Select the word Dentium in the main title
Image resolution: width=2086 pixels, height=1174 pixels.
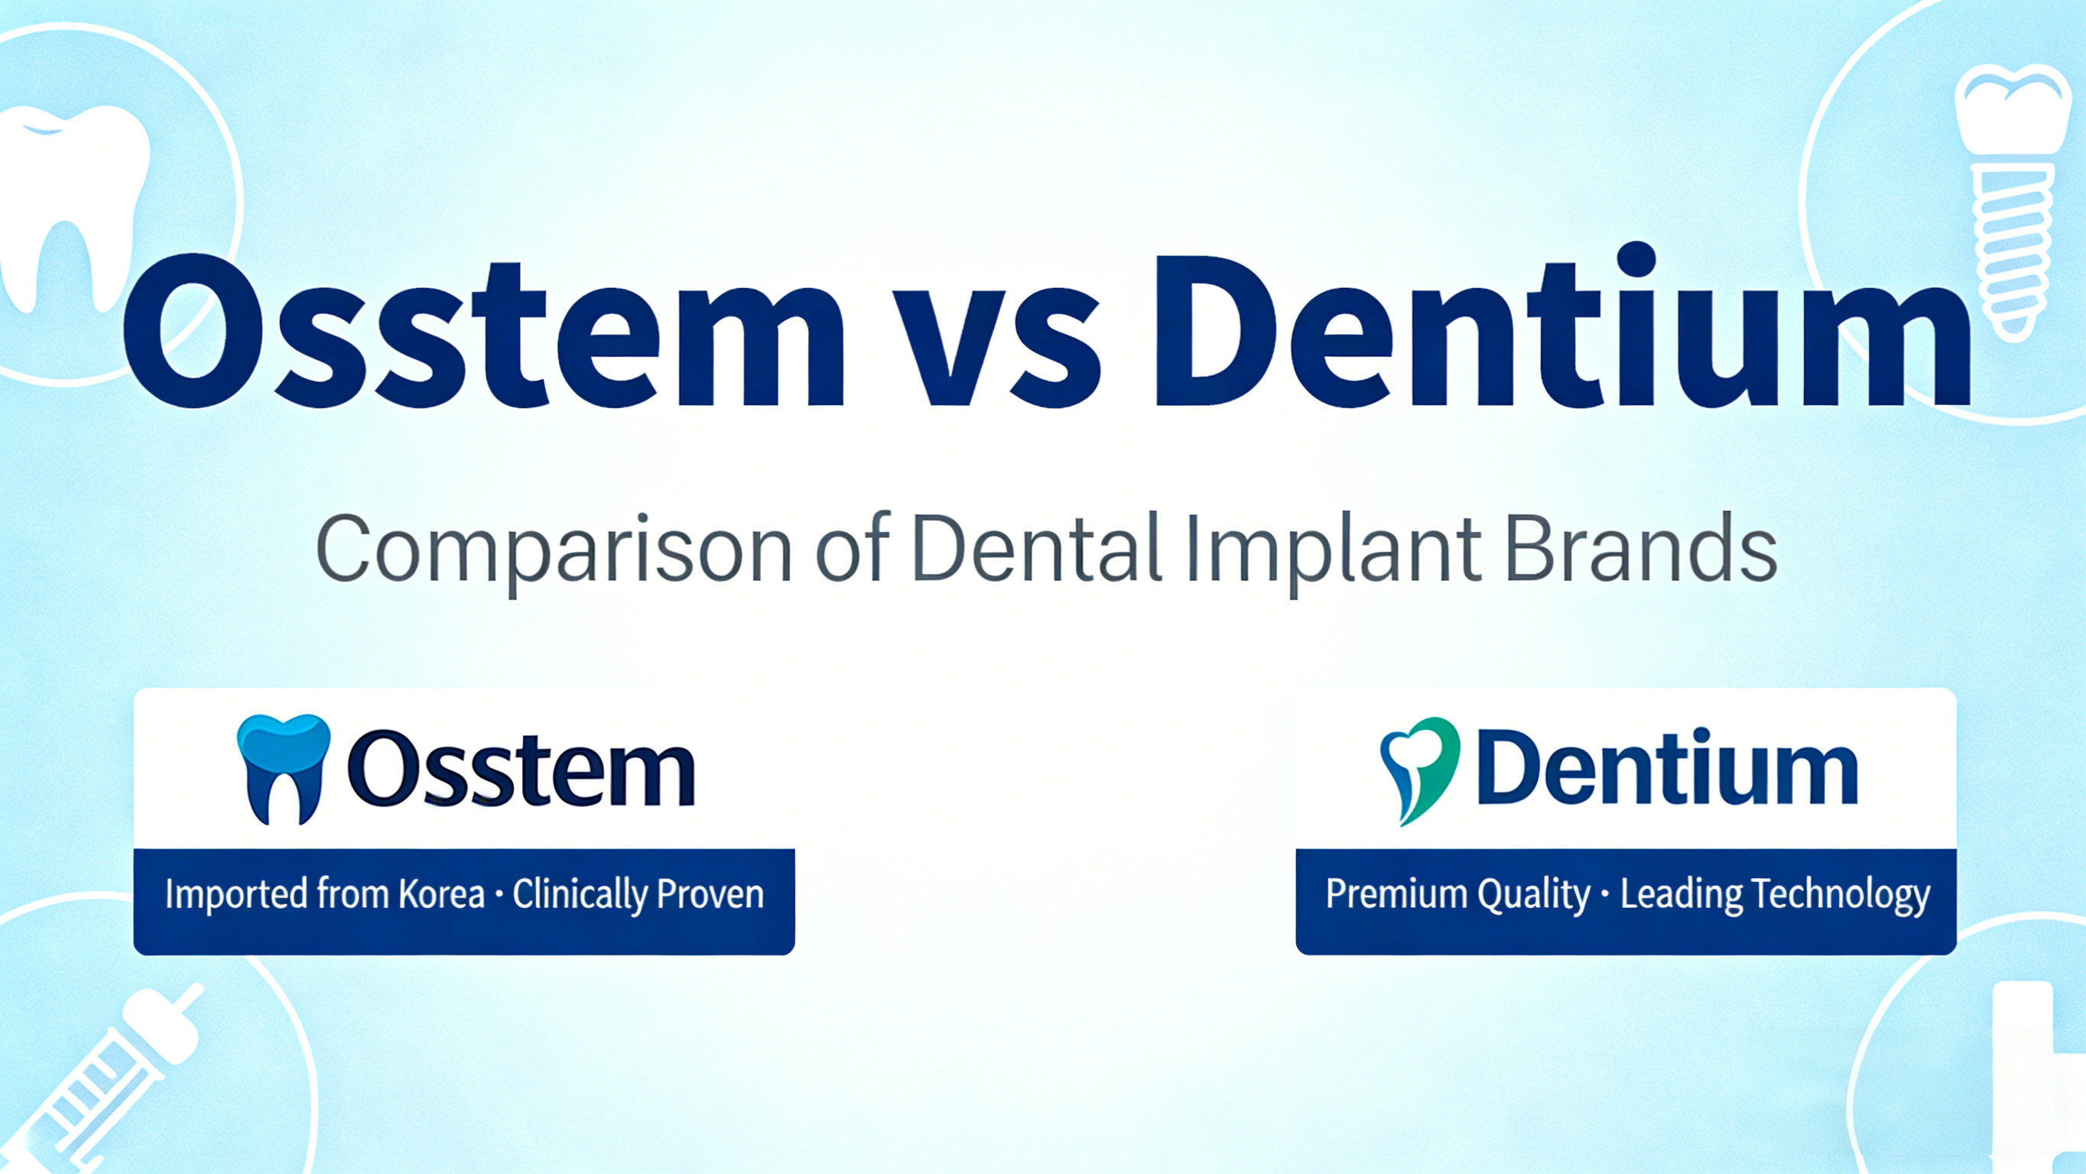[1563, 332]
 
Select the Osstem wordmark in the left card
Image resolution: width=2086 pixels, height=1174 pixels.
[521, 769]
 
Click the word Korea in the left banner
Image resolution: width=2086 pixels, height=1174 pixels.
[441, 893]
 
